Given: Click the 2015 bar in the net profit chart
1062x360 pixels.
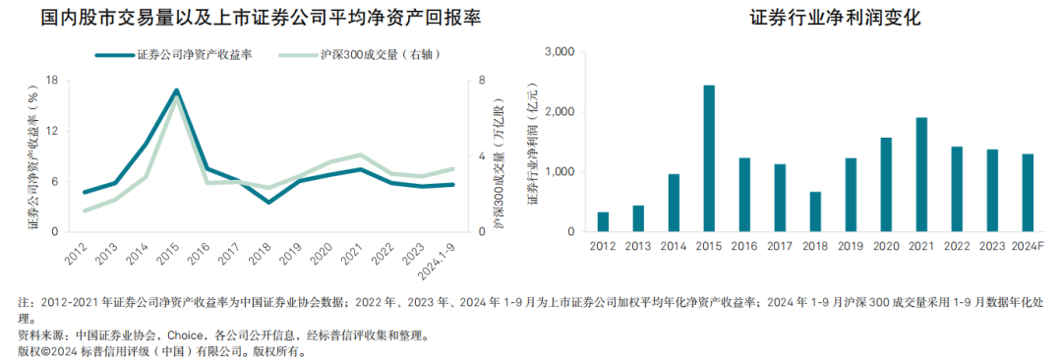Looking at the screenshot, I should coord(709,158).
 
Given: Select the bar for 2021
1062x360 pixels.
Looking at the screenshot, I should coord(921,175).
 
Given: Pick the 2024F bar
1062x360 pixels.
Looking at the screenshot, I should coord(1028,193).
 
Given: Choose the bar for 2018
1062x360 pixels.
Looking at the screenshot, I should coord(815,211).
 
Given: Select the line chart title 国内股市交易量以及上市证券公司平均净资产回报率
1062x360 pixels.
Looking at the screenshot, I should coord(249,19).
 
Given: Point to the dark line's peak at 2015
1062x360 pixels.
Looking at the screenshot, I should coord(177,90).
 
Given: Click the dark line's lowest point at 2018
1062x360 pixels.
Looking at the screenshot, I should coord(268,203).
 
